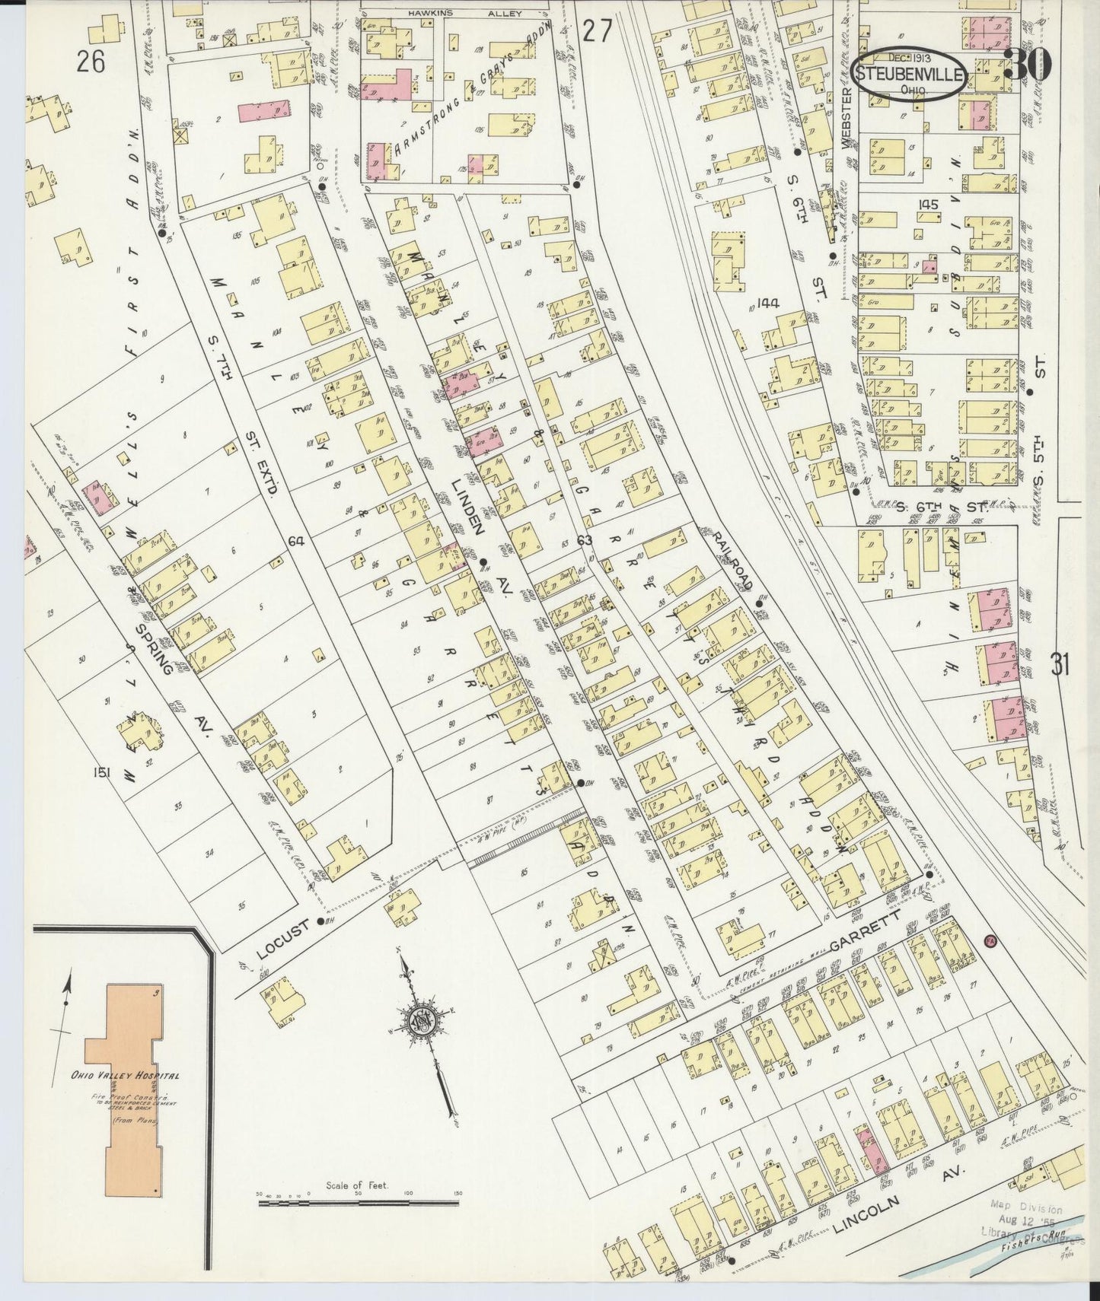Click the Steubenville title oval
pos(910,76)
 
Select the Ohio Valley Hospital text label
pos(126,1076)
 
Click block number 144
pos(768,303)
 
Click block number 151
pos(102,773)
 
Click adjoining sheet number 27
pos(598,31)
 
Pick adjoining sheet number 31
pos(1060,665)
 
